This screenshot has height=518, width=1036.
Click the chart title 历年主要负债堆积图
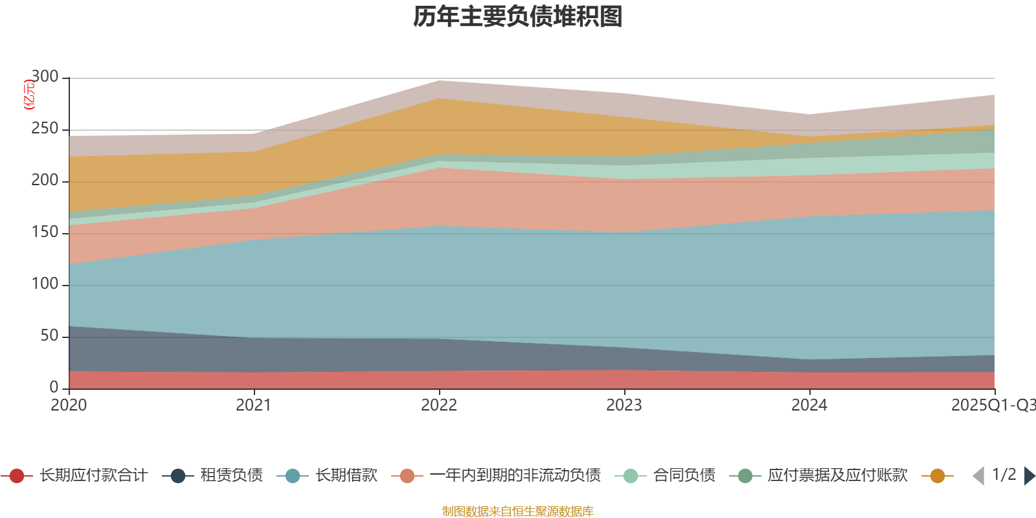[518, 17]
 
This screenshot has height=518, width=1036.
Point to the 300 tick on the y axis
[45, 77]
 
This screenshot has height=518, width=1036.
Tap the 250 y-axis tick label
[45, 129]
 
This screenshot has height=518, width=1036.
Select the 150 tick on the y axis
[45, 232]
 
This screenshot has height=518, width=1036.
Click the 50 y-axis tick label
[49, 336]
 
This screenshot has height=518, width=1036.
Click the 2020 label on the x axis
[69, 405]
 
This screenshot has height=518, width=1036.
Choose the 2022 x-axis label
[439, 405]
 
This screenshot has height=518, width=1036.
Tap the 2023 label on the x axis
[624, 405]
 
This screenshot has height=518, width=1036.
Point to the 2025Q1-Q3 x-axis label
[993, 405]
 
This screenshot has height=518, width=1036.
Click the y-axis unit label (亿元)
[29, 95]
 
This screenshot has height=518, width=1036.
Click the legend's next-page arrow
[1030, 476]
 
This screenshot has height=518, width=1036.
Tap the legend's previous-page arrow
[978, 476]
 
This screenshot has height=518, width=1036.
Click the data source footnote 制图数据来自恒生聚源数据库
[518, 512]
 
